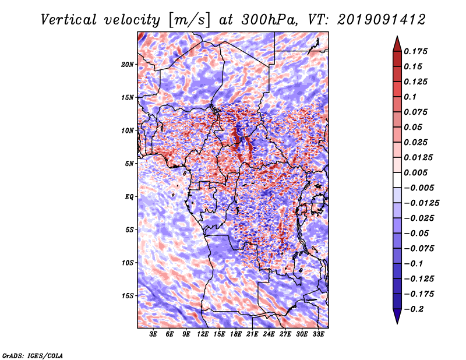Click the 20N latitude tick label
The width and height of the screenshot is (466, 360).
point(128,65)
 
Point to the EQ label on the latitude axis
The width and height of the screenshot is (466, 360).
point(129,197)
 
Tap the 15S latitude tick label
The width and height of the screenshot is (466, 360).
point(128,296)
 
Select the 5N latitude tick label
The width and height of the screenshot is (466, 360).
point(129,164)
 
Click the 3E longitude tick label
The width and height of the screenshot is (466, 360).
point(153,334)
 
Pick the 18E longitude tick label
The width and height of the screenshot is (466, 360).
point(235,334)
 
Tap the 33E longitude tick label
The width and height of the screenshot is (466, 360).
point(318,334)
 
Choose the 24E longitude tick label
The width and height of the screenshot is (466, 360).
point(269,334)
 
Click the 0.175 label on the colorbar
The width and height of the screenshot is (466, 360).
point(415,51)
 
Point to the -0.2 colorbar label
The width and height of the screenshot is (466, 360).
point(414,309)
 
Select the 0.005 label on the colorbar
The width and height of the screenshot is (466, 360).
point(415,172)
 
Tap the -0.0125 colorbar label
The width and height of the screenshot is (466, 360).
point(421,203)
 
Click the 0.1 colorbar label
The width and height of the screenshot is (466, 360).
point(410,97)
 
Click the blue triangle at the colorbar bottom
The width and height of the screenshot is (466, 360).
point(397,316)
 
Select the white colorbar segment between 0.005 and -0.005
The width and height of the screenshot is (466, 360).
point(397,180)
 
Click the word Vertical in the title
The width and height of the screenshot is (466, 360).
point(69,20)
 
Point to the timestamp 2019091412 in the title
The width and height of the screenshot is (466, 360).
point(382,20)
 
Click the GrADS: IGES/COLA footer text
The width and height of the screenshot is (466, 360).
point(33,355)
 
